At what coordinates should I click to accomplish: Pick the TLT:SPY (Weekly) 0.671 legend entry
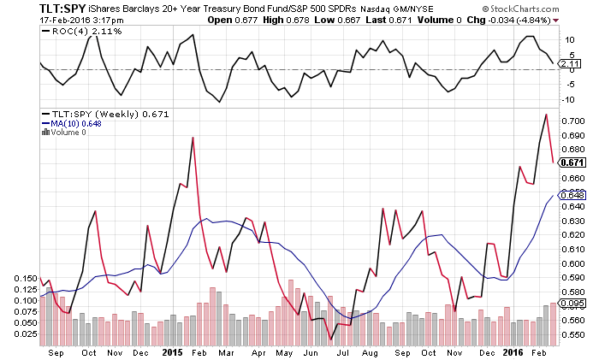coord(96,113)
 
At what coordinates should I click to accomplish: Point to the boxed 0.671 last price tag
coord(574,162)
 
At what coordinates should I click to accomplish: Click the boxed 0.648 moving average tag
coord(574,195)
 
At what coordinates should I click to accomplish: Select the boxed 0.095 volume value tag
coord(574,303)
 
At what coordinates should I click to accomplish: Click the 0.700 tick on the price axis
coord(574,121)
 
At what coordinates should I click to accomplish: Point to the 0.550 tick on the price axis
coord(574,335)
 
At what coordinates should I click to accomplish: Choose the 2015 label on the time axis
coord(172,351)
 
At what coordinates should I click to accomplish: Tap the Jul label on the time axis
coord(343,351)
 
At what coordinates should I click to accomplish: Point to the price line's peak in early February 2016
coord(545,114)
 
